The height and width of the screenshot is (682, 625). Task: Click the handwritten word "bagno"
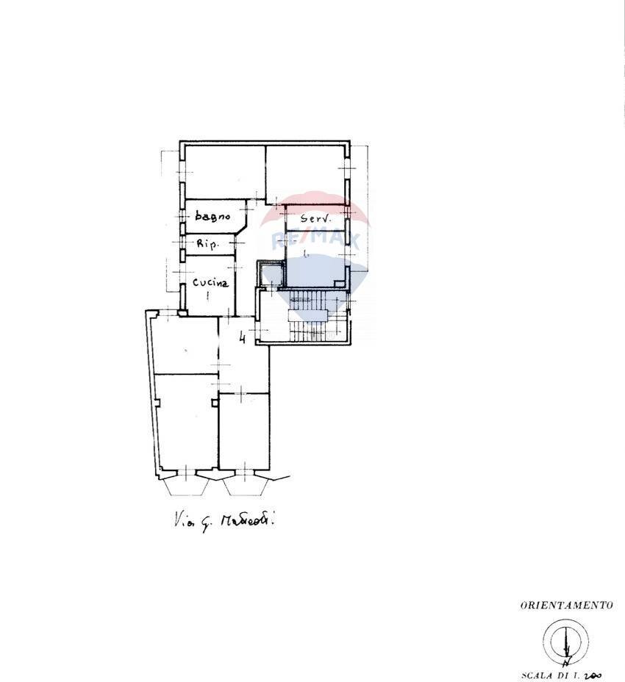click(213, 217)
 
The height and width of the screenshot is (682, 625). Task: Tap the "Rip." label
click(207, 244)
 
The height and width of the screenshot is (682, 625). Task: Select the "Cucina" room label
click(210, 282)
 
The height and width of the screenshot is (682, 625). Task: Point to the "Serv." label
click(317, 219)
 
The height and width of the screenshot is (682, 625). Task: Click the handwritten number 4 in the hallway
click(243, 339)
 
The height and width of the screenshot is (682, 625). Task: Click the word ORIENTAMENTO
click(566, 606)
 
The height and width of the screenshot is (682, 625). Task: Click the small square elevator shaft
click(269, 275)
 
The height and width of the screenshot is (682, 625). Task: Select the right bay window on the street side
click(247, 486)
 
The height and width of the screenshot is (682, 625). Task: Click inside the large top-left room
click(224, 172)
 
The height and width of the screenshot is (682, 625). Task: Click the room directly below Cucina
click(185, 343)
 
